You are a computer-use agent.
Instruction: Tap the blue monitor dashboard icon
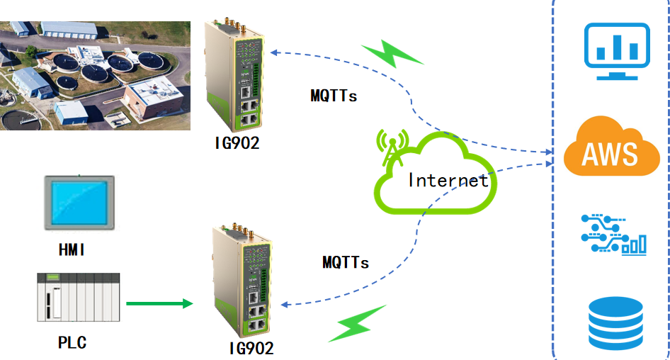coord(616,51)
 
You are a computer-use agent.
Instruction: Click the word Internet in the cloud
coord(448,180)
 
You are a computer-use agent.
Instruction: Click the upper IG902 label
coord(237,142)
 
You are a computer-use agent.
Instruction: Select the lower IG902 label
coord(251,348)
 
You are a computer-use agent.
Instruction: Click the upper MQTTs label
coord(334,95)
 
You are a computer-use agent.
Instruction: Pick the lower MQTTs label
coord(346,262)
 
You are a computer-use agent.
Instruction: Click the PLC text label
coord(72,343)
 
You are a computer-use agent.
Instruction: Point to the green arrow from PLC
coord(159,303)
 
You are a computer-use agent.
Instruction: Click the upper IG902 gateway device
coord(236,74)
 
